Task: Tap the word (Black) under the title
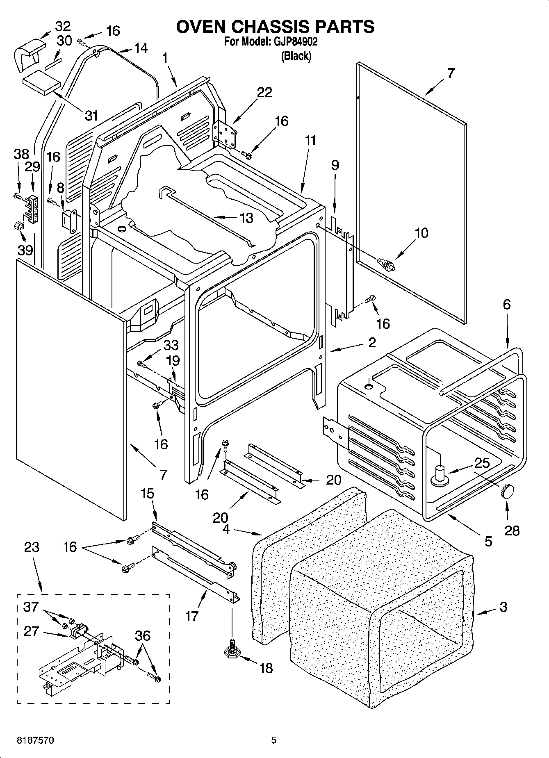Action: pos(296,56)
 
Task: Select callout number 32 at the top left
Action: pos(63,26)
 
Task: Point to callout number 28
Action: pos(512,530)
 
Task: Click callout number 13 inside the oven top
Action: pos(246,218)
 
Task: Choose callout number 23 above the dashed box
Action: pos(32,547)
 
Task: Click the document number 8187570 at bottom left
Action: pos(35,740)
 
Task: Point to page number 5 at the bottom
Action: pos(274,740)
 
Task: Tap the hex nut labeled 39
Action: pos(19,225)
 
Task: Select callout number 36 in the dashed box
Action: pos(142,624)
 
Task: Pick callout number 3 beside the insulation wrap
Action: pos(503,606)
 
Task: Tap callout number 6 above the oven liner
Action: pos(507,304)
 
